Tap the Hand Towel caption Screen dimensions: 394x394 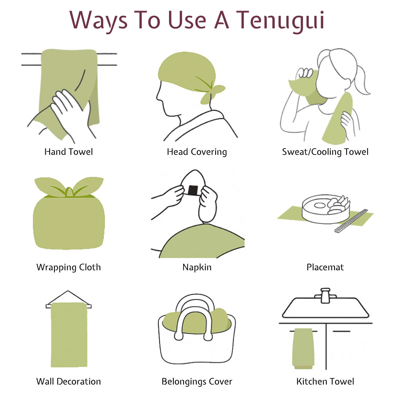pyautogui.click(x=69, y=152)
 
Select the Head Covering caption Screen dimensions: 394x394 pyautogui.click(x=197, y=152)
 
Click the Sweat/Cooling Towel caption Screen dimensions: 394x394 pyautogui.click(x=325, y=152)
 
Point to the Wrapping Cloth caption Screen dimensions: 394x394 pyautogui.click(x=69, y=268)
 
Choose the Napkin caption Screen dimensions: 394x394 pyautogui.click(x=197, y=268)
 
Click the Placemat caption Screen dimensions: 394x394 pyautogui.click(x=325, y=267)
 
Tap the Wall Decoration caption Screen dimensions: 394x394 pyautogui.click(x=69, y=381)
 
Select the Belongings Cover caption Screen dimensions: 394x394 pyautogui.click(x=197, y=382)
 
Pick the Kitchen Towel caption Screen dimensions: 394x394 pyautogui.click(x=325, y=381)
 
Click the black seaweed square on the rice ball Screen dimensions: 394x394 pyautogui.click(x=193, y=190)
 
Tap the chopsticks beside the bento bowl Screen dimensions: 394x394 pyautogui.click(x=351, y=221)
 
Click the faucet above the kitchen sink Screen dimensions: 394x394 pyautogui.click(x=325, y=295)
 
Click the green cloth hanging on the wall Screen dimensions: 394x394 pyautogui.click(x=69, y=335)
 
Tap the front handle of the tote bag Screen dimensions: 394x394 pyautogui.click(x=193, y=324)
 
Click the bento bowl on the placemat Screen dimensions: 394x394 pyautogui.click(x=326, y=209)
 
